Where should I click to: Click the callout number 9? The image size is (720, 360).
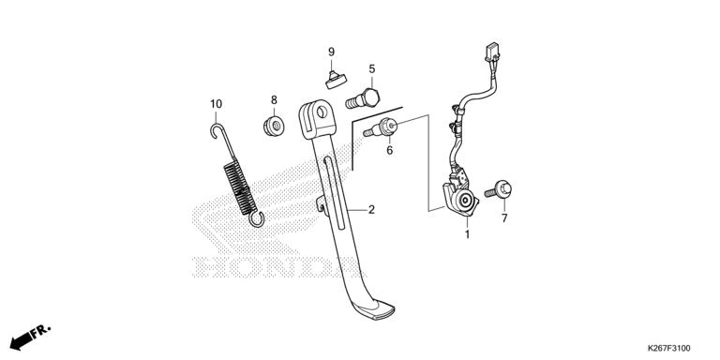click(x=331, y=52)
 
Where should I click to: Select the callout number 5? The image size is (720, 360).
click(x=372, y=68)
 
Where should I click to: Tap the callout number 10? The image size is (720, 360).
click(x=217, y=104)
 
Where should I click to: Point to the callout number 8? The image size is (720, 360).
click(x=274, y=99)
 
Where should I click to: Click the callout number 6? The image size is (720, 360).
click(x=389, y=150)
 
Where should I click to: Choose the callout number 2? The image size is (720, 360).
click(x=371, y=210)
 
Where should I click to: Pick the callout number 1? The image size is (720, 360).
click(x=468, y=234)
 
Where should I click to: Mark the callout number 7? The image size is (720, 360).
click(x=504, y=218)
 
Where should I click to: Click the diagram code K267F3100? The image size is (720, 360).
click(x=668, y=349)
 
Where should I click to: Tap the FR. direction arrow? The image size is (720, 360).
click(x=30, y=337)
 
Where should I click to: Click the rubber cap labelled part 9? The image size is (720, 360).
click(x=336, y=81)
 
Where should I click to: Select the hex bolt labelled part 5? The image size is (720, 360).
click(x=363, y=98)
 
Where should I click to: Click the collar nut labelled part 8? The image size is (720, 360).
click(x=274, y=126)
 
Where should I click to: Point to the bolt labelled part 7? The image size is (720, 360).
click(x=499, y=190)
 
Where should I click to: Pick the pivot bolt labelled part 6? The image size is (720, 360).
click(x=381, y=127)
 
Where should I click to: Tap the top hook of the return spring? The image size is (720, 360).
click(x=217, y=130)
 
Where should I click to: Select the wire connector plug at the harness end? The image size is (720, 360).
click(x=491, y=52)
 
